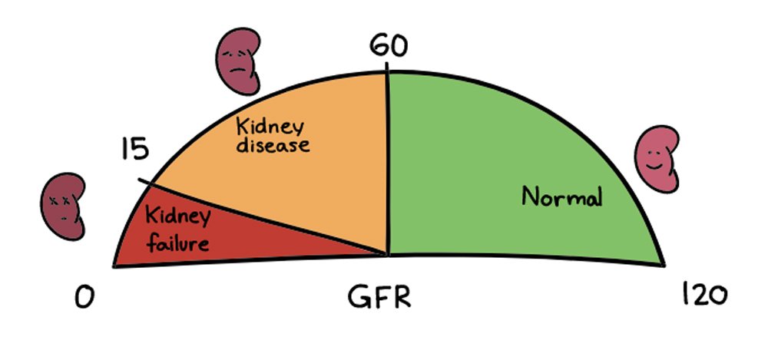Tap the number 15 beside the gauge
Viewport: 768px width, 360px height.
coord(135,149)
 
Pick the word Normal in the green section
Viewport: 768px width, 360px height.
coord(562,197)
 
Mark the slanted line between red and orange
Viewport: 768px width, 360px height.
coord(261,216)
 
